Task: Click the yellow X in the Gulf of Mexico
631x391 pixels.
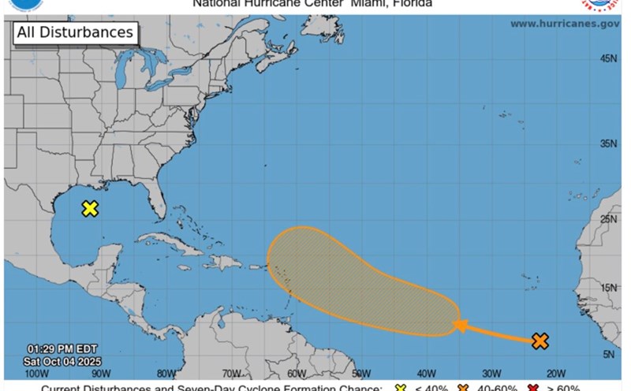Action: click(x=90, y=209)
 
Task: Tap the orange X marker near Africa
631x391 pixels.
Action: click(x=540, y=341)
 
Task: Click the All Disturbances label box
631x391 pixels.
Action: click(x=75, y=33)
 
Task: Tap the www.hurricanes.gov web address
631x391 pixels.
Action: click(x=564, y=24)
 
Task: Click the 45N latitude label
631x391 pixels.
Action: click(x=608, y=58)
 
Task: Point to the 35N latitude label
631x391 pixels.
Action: click(x=608, y=143)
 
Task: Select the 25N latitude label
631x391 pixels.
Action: click(x=608, y=218)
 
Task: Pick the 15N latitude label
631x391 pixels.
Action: click(x=608, y=289)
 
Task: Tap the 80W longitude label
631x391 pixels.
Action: click(x=166, y=374)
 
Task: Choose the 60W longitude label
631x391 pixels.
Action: click(x=296, y=374)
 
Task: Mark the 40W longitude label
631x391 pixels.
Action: click(x=426, y=374)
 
